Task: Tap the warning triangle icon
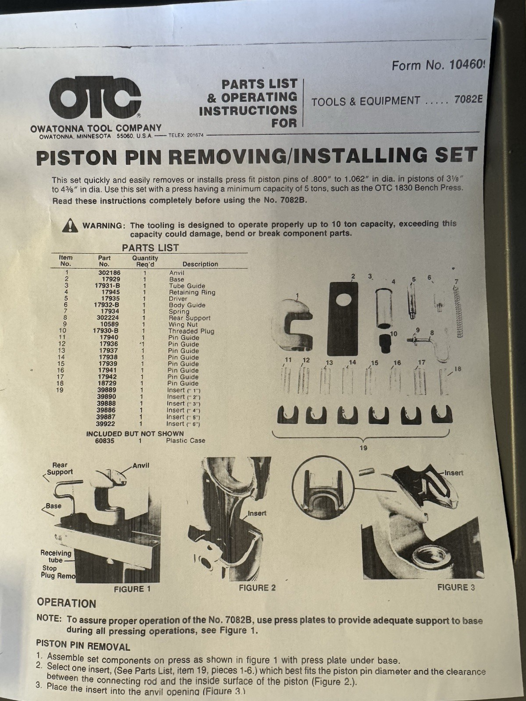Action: pos(70,226)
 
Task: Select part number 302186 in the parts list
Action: pos(109,273)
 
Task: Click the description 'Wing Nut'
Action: pos(183,325)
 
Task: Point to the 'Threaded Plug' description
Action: pos(191,331)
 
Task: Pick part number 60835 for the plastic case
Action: pos(105,441)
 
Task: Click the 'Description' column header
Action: pos(200,264)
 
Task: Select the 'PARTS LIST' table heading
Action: pos(150,248)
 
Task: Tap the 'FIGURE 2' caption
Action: pos(257,588)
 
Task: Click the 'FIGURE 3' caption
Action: pos(455,587)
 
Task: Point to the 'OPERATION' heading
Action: pos(66,603)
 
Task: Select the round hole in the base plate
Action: pos(343,302)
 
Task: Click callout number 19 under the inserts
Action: pos(363,448)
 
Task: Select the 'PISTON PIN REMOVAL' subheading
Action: pos(83,646)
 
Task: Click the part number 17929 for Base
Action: pos(111,279)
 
